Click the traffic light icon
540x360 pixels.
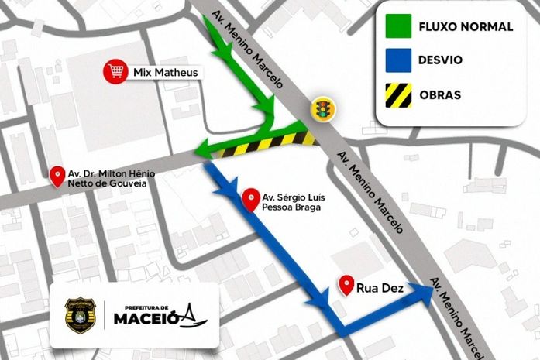tap(320, 109)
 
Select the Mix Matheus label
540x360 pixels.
tap(166, 73)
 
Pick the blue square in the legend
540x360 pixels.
tap(398, 60)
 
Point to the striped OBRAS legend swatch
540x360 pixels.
tap(398, 95)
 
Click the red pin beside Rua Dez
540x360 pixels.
tap(346, 285)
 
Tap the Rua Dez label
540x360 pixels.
tap(378, 288)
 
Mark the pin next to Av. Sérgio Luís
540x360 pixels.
tap(250, 200)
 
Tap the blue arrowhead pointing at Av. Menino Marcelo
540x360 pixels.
tap(423, 291)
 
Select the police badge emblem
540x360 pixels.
tap(80, 315)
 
